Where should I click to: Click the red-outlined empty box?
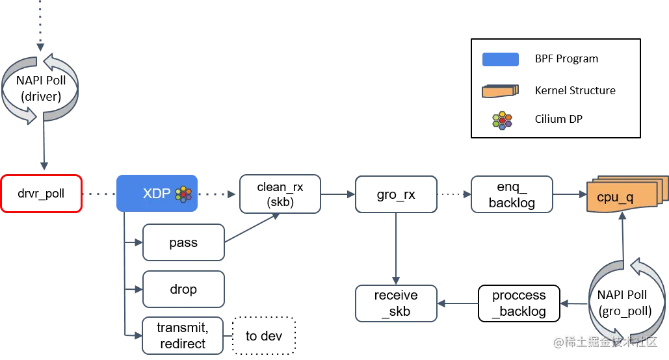click(42, 194)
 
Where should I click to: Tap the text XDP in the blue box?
click(156, 194)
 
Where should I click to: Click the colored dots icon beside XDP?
click(184, 194)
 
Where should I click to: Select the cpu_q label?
click(614, 198)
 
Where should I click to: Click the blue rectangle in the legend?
click(499, 60)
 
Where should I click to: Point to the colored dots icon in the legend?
click(502, 120)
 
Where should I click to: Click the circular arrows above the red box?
click(40, 89)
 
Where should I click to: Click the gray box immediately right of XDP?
click(281, 193)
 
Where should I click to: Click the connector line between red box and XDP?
click(98, 194)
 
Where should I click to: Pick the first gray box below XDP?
click(185, 244)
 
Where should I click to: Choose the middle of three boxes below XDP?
click(185, 290)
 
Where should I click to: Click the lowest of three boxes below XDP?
click(185, 337)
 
